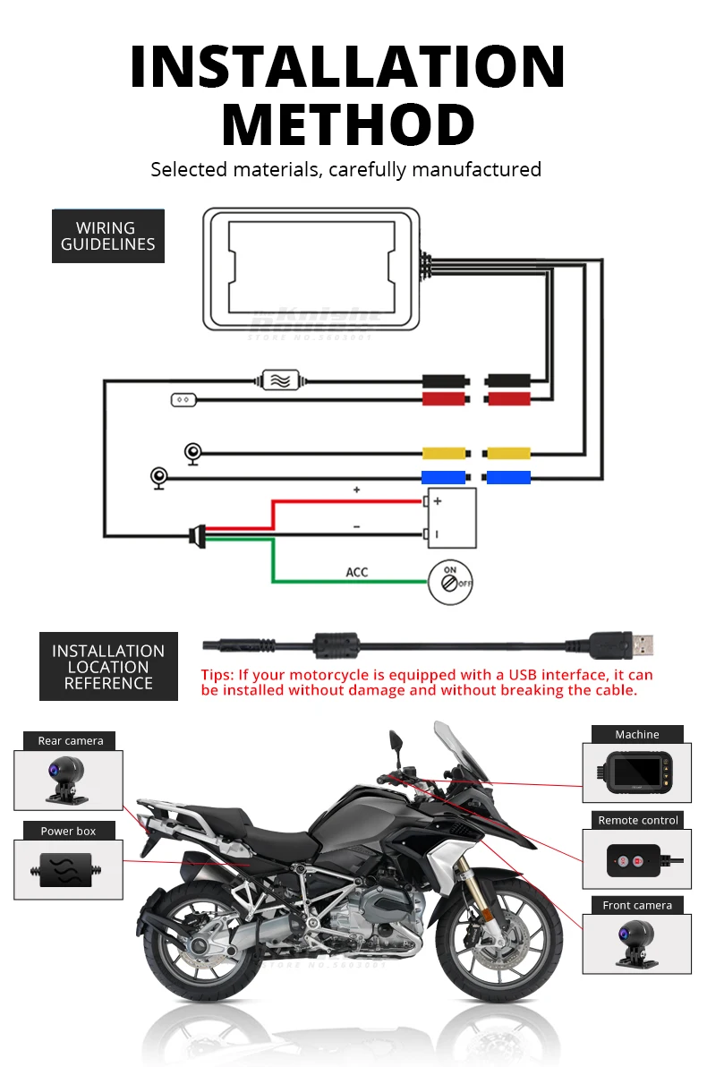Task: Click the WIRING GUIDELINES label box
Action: pos(107,235)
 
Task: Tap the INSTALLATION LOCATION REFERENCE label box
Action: pos(108,667)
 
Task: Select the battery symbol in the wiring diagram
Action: pos(452,517)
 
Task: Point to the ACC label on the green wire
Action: pos(356,572)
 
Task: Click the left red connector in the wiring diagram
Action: pos(444,398)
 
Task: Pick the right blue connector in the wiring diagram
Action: pos(507,477)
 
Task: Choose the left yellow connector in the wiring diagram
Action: pos(444,453)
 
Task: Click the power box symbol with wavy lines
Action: pos(279,379)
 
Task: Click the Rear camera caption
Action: pos(71,741)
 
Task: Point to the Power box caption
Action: pos(68,831)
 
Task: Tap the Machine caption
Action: pos(637,734)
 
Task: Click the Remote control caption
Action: pos(638,820)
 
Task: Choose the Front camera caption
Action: pos(637,905)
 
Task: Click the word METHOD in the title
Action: pos(347,124)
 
